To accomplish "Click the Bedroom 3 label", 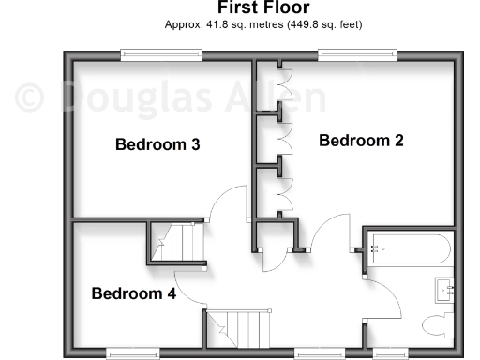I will (x=157, y=144).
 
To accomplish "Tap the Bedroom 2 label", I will (x=361, y=141).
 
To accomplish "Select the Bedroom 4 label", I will (x=133, y=293).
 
